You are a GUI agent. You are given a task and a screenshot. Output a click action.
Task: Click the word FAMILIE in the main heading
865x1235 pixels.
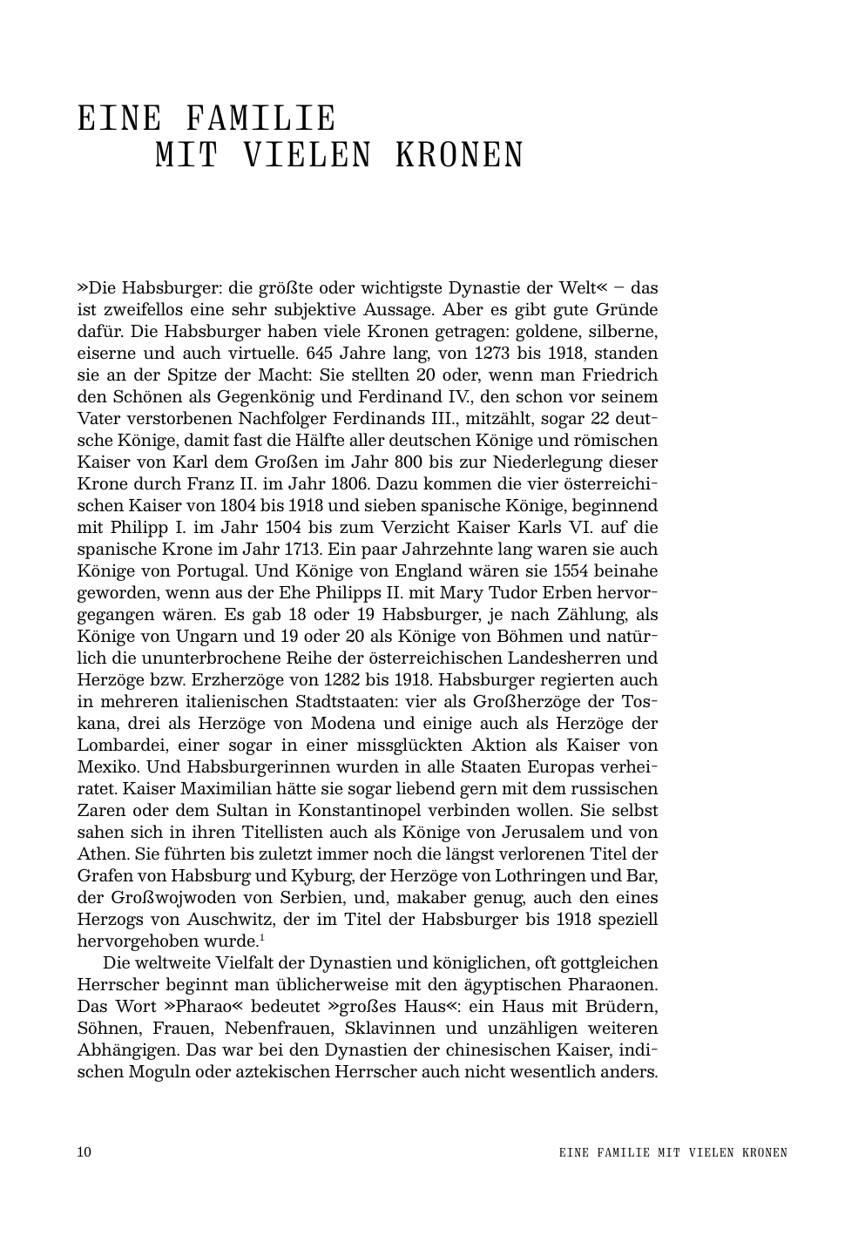point(261,119)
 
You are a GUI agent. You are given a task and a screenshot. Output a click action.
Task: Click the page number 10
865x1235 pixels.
point(84,1152)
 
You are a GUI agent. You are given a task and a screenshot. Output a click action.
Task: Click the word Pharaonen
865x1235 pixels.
point(611,985)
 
